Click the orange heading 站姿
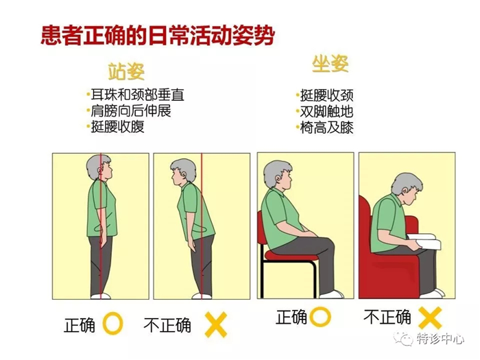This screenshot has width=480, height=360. [x=127, y=71]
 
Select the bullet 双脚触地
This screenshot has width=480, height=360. [x=327, y=112]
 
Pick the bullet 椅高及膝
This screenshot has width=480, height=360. [x=327, y=128]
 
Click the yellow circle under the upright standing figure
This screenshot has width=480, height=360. [x=113, y=324]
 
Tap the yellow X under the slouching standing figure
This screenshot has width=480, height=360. [x=216, y=324]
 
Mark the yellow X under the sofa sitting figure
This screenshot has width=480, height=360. [x=429, y=317]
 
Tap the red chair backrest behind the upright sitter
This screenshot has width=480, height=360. [x=263, y=230]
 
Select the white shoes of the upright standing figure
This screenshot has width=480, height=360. [x=101, y=296]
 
